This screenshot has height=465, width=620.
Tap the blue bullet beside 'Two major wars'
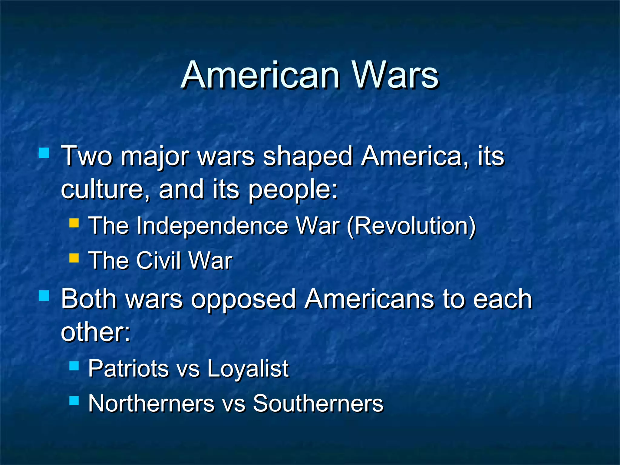[44, 153]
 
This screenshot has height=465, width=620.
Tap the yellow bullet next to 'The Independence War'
[74, 223]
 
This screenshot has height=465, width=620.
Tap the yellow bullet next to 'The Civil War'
[74, 258]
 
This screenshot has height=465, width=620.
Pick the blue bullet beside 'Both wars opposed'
[44, 295]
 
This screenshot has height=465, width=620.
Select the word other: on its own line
[96, 332]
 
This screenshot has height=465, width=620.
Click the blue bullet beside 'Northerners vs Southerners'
[74, 401]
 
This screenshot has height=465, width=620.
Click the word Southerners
[318, 404]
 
